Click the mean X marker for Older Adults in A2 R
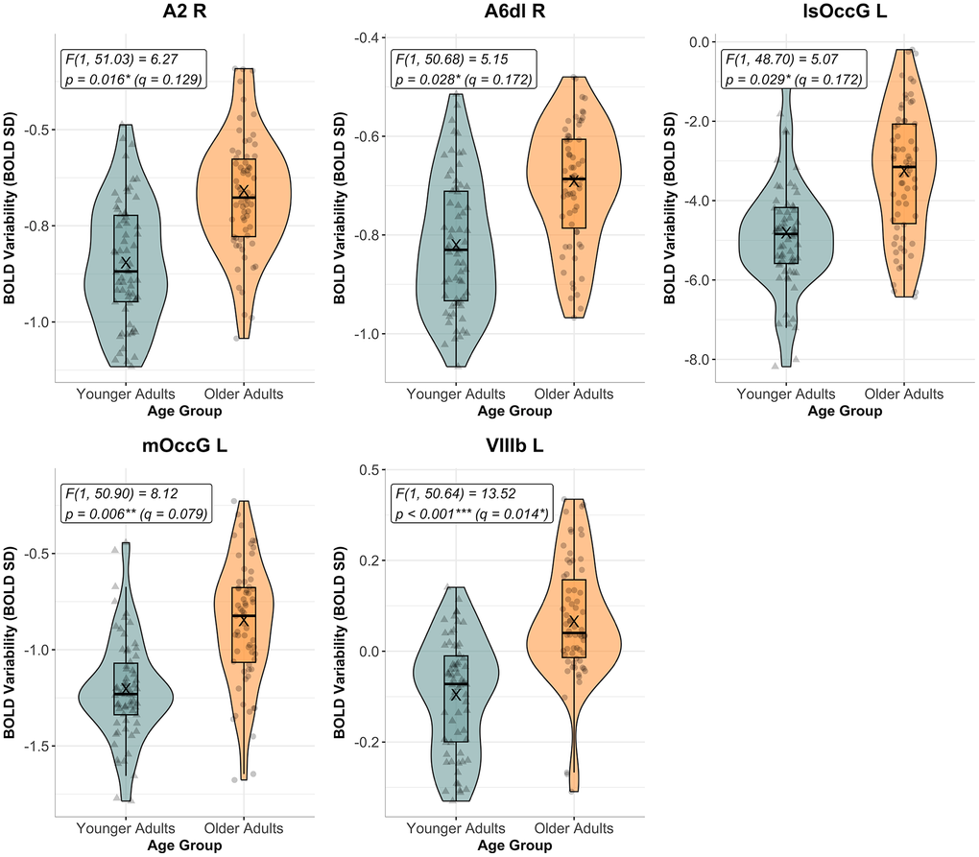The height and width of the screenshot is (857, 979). point(244,192)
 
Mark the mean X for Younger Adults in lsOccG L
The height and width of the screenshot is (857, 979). point(786,232)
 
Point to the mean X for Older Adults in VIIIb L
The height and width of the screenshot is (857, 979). point(574,621)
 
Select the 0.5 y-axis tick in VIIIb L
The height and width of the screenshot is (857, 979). point(364,469)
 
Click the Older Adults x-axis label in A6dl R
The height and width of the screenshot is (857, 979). point(574,394)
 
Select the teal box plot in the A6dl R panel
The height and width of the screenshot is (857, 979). point(456,246)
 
